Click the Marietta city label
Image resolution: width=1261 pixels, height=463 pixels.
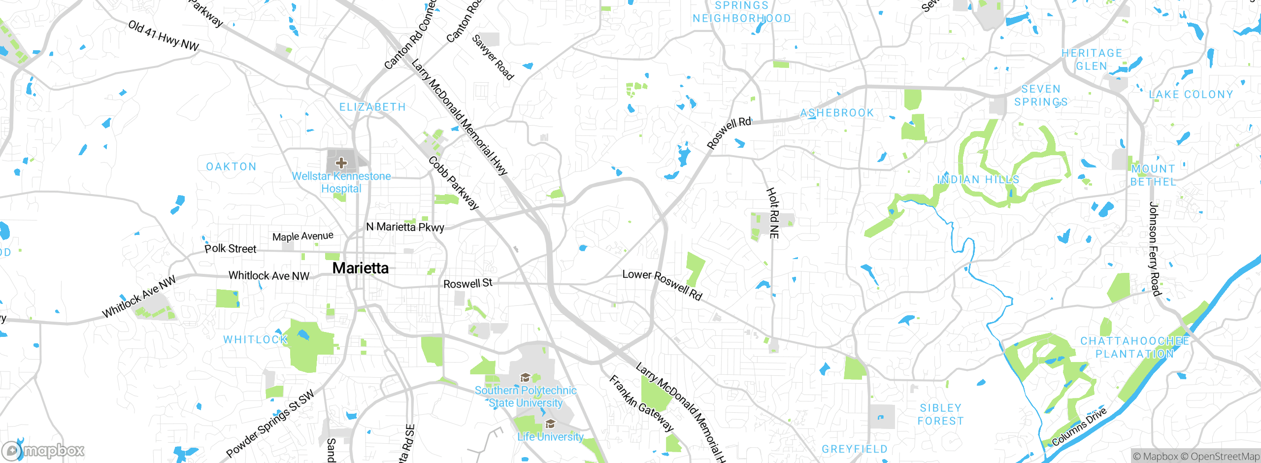(361, 268)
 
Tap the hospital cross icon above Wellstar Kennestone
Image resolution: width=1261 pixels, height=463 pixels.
(341, 163)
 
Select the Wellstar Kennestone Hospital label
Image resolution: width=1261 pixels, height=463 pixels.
(341, 182)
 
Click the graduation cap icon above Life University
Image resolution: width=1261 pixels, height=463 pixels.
(550, 424)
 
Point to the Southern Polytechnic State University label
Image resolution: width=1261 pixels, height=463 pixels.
(526, 397)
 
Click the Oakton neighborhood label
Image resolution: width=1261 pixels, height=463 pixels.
(232, 166)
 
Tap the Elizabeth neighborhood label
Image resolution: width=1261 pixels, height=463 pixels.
(372, 107)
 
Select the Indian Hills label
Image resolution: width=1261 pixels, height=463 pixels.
(978, 179)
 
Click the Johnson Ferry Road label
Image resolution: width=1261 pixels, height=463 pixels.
(1154, 249)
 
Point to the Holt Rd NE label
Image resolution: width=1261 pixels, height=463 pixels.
(773, 213)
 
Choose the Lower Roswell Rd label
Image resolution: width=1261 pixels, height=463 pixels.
(662, 284)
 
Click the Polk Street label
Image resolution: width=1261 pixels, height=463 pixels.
(231, 248)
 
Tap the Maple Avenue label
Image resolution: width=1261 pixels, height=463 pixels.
(303, 236)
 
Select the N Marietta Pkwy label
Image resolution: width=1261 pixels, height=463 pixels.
(405, 227)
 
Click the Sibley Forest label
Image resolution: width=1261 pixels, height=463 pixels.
(940, 414)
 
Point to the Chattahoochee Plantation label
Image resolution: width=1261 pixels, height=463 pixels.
(1134, 347)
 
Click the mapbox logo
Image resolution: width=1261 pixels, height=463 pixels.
(43, 450)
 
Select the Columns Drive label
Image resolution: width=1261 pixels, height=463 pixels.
(1079, 427)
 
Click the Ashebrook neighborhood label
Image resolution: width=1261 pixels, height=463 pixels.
(837, 113)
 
